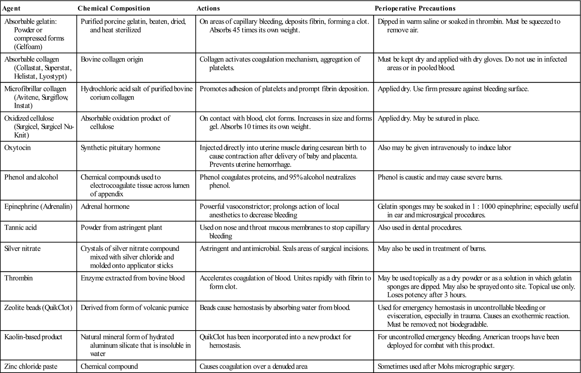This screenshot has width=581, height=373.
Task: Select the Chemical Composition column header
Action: (114, 8)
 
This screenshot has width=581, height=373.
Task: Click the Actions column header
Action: (208, 8)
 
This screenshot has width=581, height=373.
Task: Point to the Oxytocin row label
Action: (17, 148)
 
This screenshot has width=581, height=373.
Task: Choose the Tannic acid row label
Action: (20, 228)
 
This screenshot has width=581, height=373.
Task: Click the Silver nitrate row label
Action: (23, 249)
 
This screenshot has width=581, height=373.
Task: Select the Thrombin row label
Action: (19, 278)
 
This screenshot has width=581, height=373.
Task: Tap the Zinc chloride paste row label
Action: (31, 366)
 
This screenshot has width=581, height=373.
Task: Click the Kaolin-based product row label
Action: (33, 337)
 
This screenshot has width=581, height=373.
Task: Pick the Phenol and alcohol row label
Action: (31, 177)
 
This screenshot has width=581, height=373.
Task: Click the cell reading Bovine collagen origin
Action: (112, 59)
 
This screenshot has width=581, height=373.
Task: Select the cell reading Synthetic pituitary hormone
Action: (120, 148)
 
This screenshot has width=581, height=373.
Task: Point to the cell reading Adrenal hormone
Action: (105, 206)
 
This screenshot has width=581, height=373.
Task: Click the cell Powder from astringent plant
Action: (121, 228)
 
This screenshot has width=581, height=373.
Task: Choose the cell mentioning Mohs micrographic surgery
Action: (446, 366)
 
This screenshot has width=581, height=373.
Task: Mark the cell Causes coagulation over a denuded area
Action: (253, 366)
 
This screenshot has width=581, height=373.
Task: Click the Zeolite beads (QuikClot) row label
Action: (38, 307)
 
